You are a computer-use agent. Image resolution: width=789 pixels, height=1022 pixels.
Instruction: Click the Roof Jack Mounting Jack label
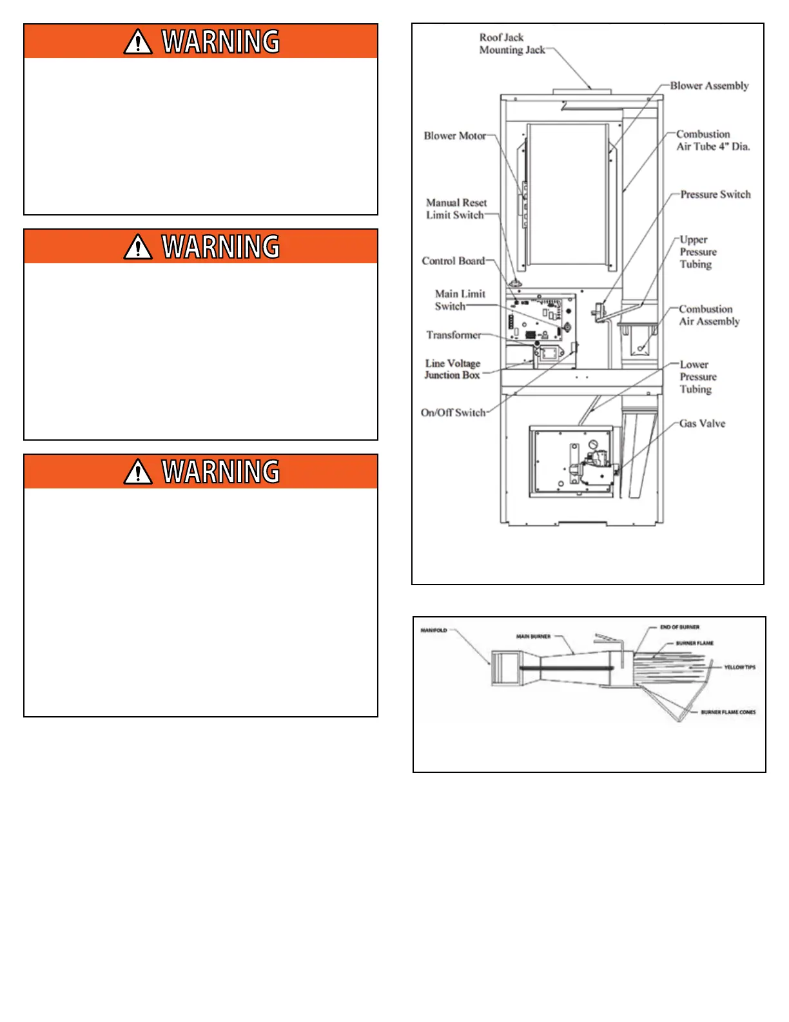(511, 44)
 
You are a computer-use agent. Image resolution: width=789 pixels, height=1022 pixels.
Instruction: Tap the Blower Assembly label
(709, 86)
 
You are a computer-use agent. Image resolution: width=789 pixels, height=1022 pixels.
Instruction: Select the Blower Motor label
(454, 136)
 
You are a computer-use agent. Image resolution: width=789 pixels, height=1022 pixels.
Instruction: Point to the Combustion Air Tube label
(712, 141)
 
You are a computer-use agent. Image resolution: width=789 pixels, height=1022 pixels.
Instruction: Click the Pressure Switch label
(716, 195)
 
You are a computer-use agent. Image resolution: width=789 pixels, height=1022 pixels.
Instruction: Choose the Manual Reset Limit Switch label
(456, 209)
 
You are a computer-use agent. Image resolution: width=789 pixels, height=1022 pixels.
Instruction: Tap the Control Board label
(453, 261)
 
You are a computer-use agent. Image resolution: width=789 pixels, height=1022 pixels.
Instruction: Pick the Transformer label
(453, 336)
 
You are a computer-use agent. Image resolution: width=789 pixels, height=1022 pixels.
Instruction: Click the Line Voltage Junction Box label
(453, 369)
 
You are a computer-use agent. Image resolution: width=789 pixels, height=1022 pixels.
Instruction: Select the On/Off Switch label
(453, 413)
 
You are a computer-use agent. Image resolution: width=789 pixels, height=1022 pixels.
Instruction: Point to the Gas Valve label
(702, 424)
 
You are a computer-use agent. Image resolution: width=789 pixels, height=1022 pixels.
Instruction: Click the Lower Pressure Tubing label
(697, 377)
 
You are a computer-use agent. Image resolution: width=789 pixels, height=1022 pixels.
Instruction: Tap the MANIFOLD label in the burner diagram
(434, 630)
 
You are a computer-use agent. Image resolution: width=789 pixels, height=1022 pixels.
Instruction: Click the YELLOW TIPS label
(739, 667)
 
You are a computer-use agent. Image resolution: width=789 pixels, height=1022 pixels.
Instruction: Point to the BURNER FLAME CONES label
(728, 712)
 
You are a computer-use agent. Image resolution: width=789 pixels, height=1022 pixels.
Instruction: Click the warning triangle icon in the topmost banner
(138, 43)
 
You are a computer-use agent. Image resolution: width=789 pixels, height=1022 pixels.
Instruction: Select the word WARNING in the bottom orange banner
(220, 472)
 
